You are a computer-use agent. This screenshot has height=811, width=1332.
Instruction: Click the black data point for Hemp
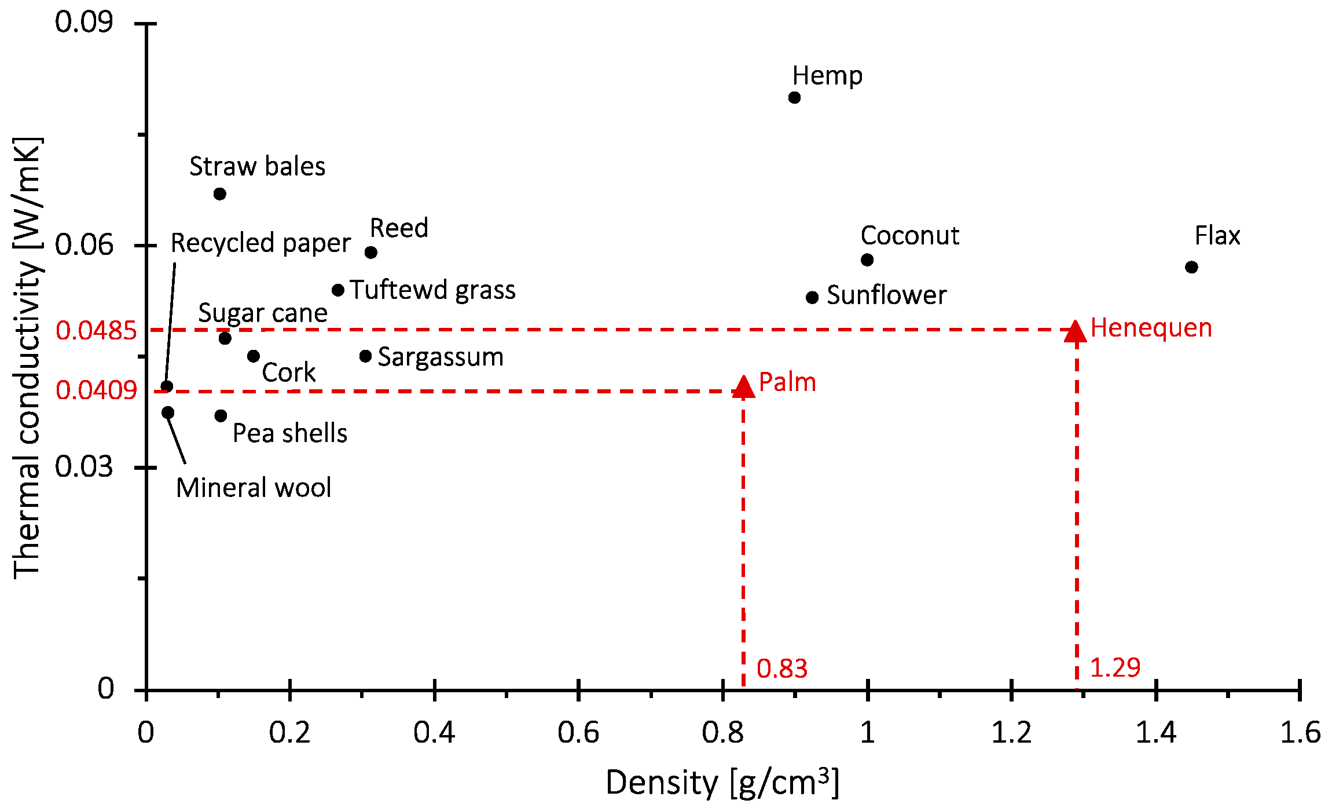tap(794, 97)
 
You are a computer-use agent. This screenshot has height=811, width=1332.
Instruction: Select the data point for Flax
tap(1191, 267)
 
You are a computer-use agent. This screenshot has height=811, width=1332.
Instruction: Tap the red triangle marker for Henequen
tap(1076, 332)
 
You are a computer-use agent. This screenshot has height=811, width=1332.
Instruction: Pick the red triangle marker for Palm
tap(743, 387)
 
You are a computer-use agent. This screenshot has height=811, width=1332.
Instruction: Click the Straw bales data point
tap(219, 193)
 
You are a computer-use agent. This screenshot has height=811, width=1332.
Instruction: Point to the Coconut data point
tap(867, 260)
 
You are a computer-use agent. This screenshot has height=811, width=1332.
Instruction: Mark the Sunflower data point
tap(812, 297)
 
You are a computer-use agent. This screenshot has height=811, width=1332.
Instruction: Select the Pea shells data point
tap(221, 415)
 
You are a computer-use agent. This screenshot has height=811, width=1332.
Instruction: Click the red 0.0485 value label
tap(96, 331)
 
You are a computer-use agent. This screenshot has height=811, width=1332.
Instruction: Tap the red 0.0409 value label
tap(96, 390)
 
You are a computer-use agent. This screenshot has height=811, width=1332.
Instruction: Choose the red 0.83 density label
tap(781, 668)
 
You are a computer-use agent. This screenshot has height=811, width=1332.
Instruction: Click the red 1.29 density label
tap(1115, 667)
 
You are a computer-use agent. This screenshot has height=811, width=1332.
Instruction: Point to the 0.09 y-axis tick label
tap(84, 23)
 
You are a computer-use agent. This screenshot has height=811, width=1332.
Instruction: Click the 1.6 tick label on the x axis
tap(1300, 733)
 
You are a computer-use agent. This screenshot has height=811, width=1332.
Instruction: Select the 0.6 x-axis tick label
tap(578, 733)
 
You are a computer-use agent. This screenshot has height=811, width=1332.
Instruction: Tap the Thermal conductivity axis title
tap(27, 357)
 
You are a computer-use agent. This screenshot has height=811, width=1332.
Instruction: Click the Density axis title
tap(722, 783)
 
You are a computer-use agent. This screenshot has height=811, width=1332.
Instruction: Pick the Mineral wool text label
tap(254, 488)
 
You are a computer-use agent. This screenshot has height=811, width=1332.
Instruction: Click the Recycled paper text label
tap(260, 243)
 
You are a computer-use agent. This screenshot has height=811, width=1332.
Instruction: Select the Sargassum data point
tap(365, 356)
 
